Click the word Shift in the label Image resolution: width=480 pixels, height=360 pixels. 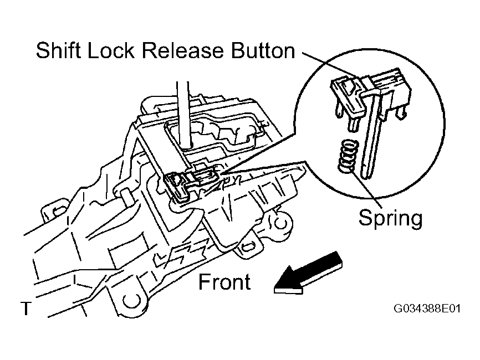pyautogui.click(x=58, y=50)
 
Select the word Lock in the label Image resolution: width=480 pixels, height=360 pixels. pyautogui.click(x=111, y=50)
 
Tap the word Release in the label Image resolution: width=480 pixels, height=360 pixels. pyautogui.click(x=183, y=50)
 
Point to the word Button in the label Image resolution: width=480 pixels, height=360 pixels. pyautogui.click(x=263, y=50)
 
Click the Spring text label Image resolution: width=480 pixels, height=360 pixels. pyautogui.click(x=391, y=218)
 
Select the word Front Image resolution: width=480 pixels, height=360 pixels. pyautogui.click(x=224, y=282)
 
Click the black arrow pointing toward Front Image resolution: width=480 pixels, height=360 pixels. pyautogui.click(x=308, y=274)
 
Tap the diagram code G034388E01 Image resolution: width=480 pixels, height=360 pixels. pyautogui.click(x=427, y=308)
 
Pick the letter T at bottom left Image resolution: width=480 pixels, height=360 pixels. pyautogui.click(x=26, y=308)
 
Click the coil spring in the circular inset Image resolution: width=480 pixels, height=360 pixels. pyautogui.click(x=348, y=155)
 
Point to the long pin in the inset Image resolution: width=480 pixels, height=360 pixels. pyautogui.click(x=370, y=135)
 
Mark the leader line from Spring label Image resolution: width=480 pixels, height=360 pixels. pyautogui.click(x=367, y=189)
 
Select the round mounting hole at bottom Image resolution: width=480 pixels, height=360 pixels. pyautogui.click(x=132, y=301)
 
